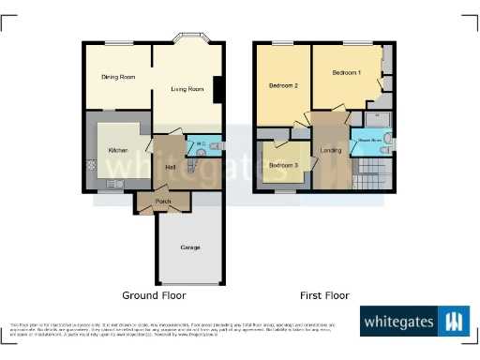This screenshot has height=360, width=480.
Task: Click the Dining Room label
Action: tap(118, 78)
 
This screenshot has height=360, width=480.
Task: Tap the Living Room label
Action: tap(187, 90)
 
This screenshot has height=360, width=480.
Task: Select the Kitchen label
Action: tap(118, 150)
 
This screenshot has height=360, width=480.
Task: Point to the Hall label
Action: tap(171, 167)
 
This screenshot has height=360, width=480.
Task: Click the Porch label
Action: tap(162, 202)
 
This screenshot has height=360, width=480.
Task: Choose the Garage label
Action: tap(190, 247)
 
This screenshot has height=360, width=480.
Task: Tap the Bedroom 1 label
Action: tap(346, 73)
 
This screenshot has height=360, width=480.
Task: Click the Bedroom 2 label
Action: tap(283, 86)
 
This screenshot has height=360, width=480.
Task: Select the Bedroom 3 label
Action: tap(283, 166)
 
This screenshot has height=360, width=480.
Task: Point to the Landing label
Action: tap(331, 151)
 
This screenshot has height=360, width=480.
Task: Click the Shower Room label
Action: tap(366, 143)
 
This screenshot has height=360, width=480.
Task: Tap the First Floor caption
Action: tap(323, 295)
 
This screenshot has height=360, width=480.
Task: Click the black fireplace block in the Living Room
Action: tap(217, 90)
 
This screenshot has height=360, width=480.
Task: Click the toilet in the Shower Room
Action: tap(387, 142)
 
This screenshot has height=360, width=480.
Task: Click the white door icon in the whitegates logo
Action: tap(454, 322)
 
